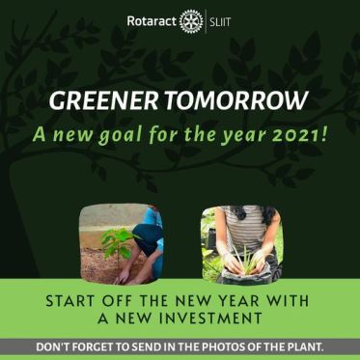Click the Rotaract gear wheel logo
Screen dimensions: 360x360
pos(191,20)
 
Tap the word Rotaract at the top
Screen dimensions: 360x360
pos(152,20)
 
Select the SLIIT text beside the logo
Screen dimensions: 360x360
pos(220,20)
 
